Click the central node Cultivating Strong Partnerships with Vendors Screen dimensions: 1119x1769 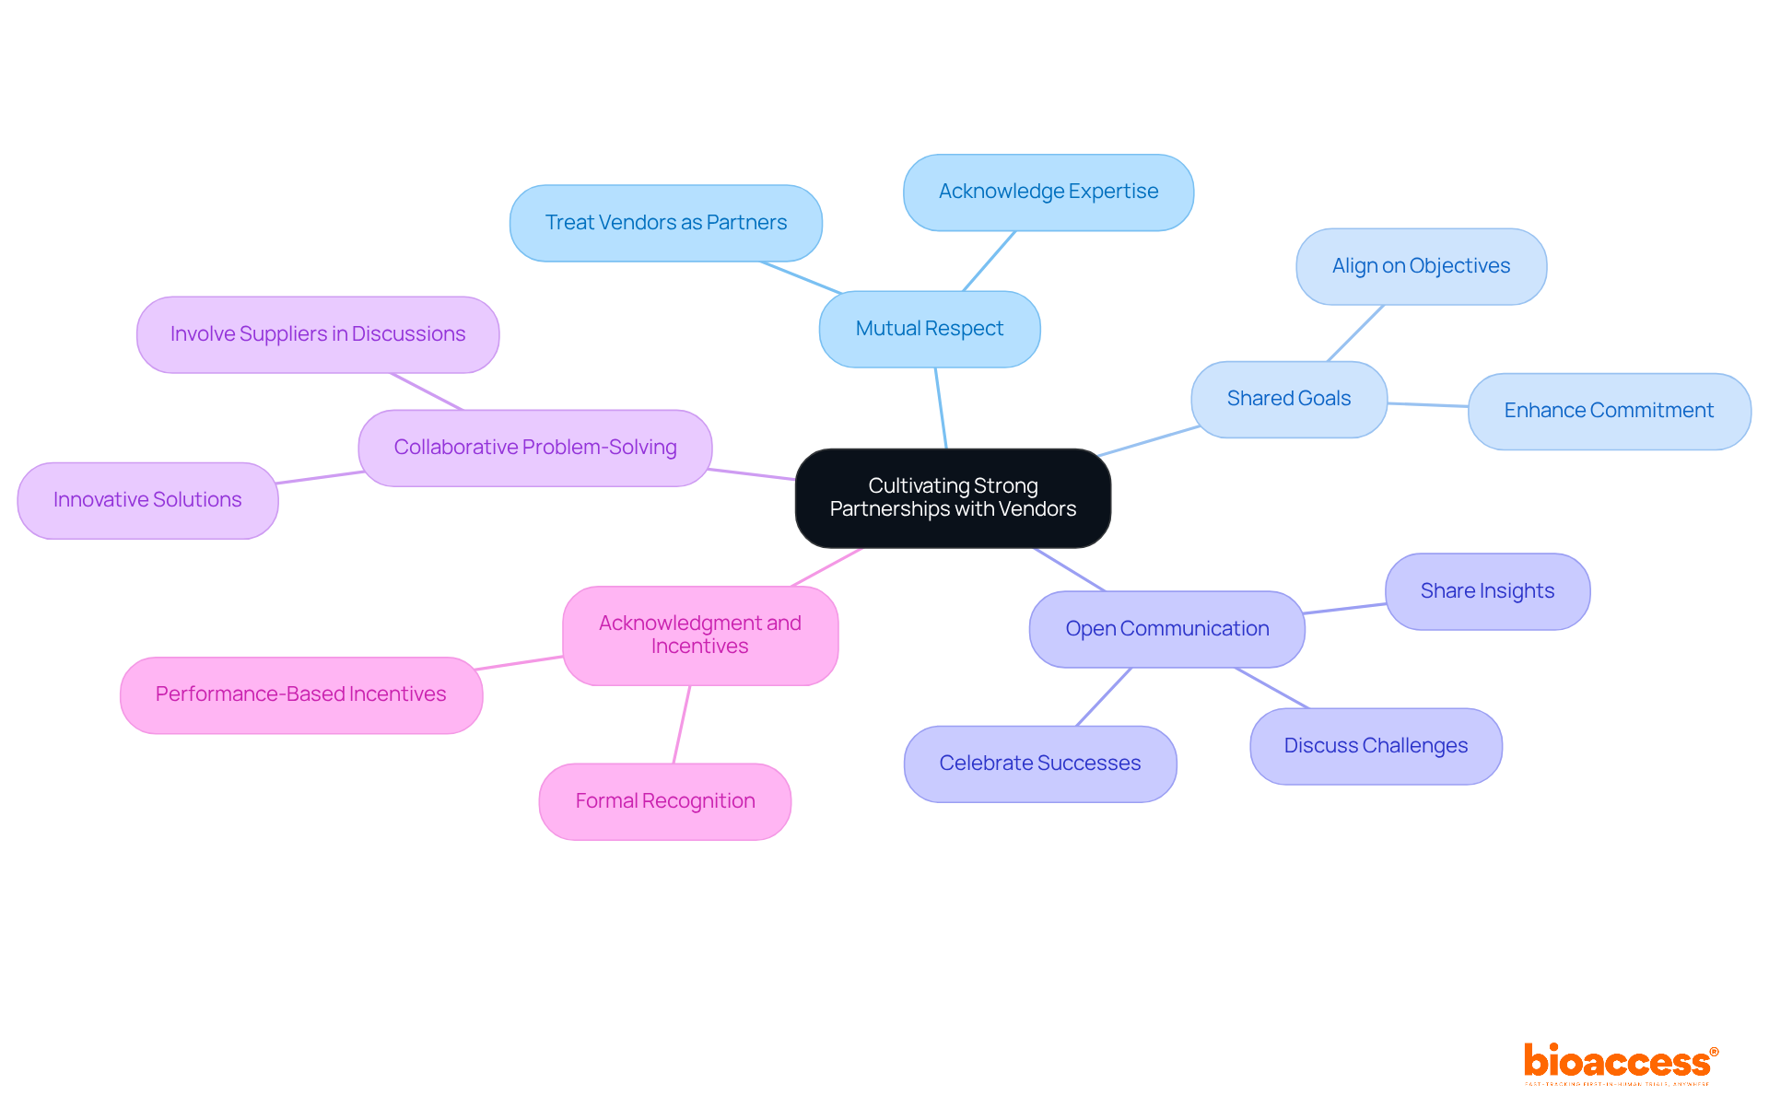953,497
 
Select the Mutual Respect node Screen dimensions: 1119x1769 929,329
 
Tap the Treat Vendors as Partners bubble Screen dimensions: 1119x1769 665,223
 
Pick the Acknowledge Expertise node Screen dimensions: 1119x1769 1048,192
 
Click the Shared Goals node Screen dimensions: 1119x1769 1288,399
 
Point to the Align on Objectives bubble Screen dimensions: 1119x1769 1421,266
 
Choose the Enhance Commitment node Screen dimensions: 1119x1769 1608,411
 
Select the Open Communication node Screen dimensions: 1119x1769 1166,629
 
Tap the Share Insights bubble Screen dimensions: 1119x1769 1487,591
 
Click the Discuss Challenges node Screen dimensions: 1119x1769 1376,746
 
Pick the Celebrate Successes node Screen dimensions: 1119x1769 1039,763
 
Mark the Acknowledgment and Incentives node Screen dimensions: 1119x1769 699,635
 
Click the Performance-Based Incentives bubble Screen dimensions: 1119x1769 300,694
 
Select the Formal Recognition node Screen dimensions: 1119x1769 664,801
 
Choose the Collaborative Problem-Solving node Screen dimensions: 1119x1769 534,448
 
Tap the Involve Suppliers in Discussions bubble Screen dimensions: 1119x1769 317,334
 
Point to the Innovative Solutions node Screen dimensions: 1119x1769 147,500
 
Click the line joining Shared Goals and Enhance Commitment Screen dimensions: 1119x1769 1428,404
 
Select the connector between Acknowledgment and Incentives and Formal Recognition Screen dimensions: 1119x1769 682,724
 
